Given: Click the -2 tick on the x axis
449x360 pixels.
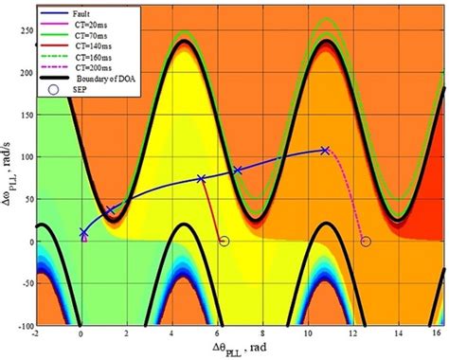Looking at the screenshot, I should click(36, 333).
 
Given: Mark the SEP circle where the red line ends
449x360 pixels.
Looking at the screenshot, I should click(224, 242).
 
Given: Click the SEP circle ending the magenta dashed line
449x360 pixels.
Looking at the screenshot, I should click(366, 242).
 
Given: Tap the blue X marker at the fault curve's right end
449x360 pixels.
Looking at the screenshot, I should click(325, 151).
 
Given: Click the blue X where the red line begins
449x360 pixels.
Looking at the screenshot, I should click(201, 178).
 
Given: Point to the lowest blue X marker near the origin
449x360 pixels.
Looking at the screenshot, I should click(83, 232).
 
